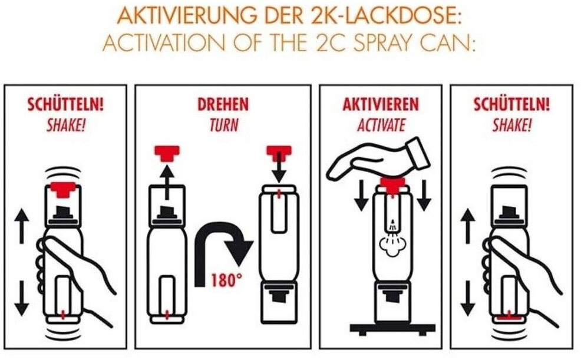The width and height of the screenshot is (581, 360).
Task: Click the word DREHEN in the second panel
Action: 223,105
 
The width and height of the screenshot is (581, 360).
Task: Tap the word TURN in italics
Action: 224,125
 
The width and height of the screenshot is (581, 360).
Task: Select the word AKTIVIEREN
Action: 381,105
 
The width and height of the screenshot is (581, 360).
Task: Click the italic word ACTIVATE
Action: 381,125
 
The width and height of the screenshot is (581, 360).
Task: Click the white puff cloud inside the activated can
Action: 392,245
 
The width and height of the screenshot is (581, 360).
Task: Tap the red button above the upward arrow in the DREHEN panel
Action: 167,153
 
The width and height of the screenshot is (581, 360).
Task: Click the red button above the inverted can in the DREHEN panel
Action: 279,153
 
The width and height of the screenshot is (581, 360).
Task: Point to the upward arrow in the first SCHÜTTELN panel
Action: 21,226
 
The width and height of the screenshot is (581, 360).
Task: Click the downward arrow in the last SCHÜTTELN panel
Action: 468,298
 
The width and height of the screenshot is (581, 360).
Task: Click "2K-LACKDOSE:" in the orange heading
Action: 384,15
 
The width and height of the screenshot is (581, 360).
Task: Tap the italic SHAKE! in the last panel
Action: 511,125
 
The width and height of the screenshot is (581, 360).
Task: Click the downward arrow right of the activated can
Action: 424,195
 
